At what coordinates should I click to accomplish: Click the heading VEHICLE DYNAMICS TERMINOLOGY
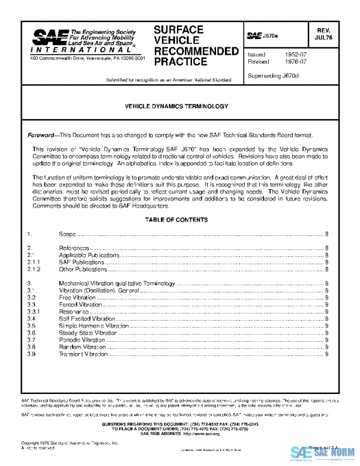[176, 106]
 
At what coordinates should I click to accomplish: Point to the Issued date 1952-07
[293, 54]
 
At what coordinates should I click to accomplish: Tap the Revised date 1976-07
[293, 62]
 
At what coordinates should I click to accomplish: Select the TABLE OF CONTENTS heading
[176, 203]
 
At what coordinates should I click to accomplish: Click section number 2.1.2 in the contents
[34, 270]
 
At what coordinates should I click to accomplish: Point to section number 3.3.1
[34, 312]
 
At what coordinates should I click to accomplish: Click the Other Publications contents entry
[83, 270]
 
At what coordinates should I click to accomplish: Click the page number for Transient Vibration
[326, 354]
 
